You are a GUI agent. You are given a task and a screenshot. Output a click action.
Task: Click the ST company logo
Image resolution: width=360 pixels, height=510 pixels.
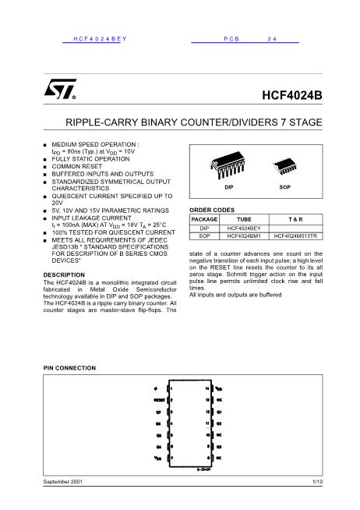click(x=61, y=93)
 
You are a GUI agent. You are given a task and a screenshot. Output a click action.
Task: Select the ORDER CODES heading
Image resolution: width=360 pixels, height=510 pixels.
click(x=212, y=211)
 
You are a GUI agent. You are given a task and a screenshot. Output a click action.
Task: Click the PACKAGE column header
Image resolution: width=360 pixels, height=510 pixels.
click(x=204, y=221)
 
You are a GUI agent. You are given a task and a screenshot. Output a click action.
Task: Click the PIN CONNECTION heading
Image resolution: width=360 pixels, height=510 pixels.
click(x=68, y=367)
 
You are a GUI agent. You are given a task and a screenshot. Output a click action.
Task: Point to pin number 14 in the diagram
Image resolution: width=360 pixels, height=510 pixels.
click(x=207, y=388)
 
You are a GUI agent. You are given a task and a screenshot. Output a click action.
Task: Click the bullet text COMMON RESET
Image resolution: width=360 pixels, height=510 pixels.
click(x=76, y=166)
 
